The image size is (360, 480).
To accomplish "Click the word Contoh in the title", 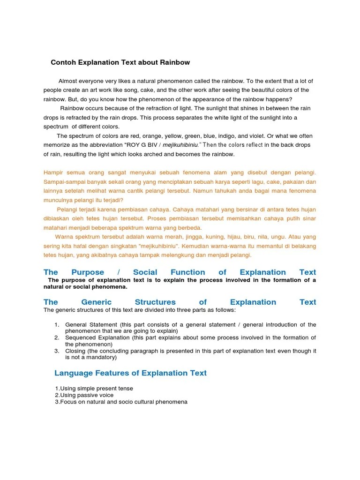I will (x=63, y=62).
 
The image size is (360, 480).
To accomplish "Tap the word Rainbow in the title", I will (x=175, y=62).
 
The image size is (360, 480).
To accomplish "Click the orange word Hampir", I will (x=53, y=172).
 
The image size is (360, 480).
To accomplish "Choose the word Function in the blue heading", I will (x=187, y=272).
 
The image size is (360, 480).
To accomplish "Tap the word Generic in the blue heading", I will (x=96, y=302).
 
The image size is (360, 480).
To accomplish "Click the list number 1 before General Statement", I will (x=56, y=324).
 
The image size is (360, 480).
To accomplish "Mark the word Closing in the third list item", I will (x=75, y=351).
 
